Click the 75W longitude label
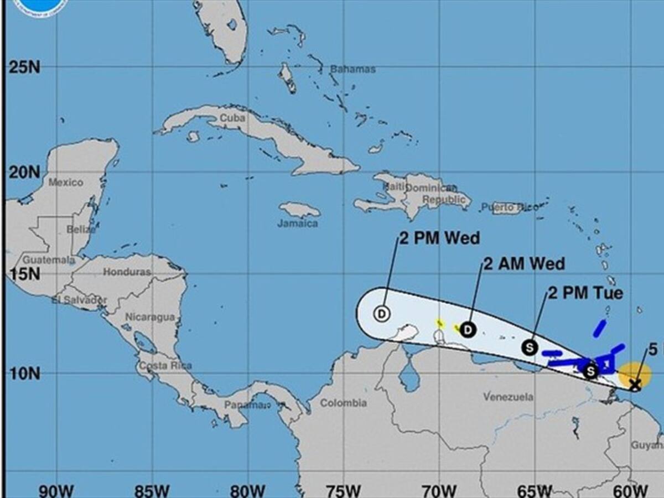344,491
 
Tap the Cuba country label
232,118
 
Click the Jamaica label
298,224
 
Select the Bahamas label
352,69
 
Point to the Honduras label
127,272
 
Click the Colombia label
343,403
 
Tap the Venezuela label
508,397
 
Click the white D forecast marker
382,314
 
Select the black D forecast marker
468,330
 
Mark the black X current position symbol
635,383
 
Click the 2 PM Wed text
439,238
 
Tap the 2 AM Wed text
524,263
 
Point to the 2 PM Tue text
585,293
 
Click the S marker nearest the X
591,371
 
